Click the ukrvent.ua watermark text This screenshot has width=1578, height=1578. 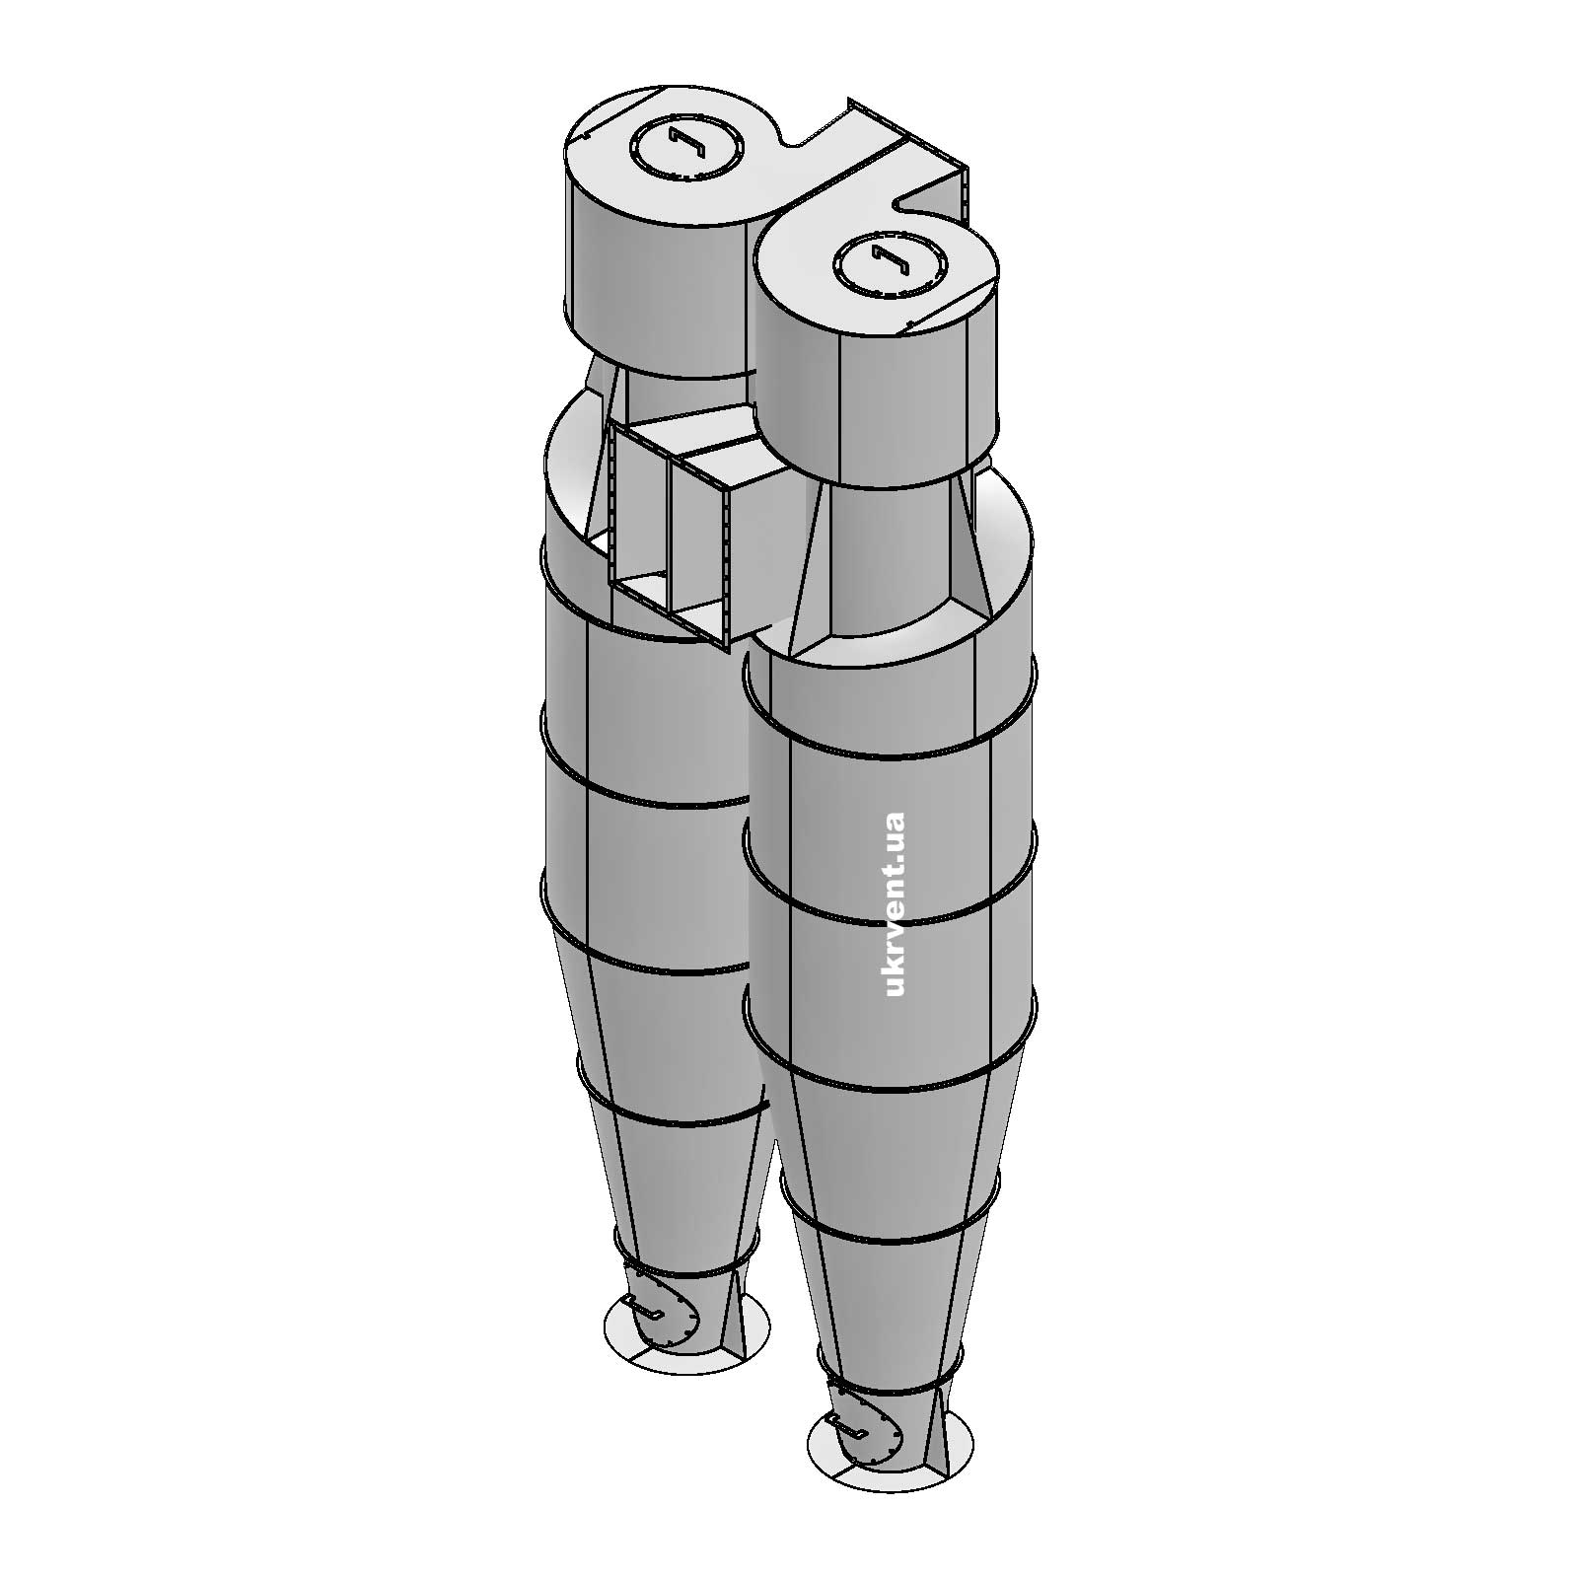896,903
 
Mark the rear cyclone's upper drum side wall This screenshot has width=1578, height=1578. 651,276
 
